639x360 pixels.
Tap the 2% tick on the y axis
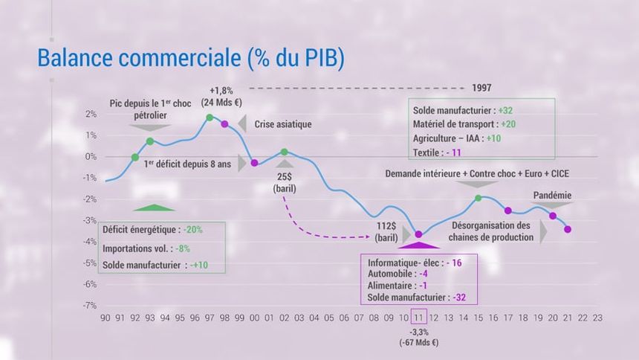click(x=91, y=115)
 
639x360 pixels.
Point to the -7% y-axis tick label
click(x=89, y=306)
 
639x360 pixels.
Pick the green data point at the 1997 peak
click(x=210, y=118)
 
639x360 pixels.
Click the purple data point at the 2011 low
click(x=418, y=234)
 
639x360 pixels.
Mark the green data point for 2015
click(x=479, y=198)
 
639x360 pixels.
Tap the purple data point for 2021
click(x=568, y=229)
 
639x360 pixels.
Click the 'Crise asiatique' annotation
click(x=283, y=124)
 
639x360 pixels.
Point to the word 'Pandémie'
click(x=552, y=196)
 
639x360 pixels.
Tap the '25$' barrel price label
click(x=285, y=177)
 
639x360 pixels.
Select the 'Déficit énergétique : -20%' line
click(x=152, y=229)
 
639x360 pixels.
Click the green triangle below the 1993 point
click(x=154, y=208)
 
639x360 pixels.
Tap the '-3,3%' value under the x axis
click(x=419, y=332)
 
